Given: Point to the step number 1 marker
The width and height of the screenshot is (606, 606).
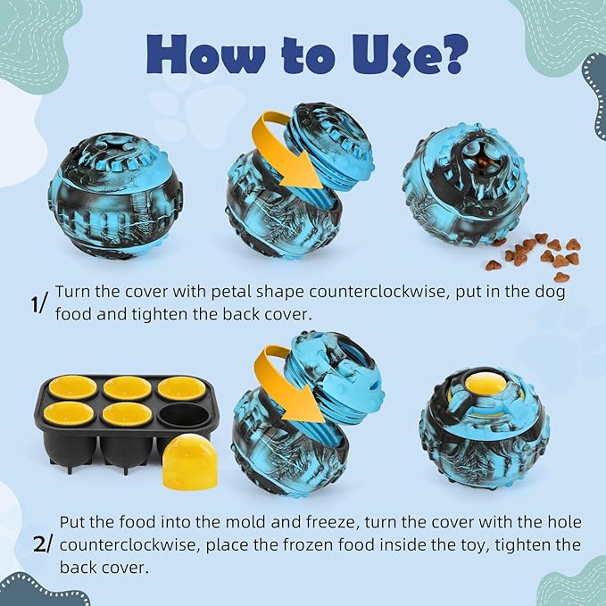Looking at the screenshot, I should pos(38,303).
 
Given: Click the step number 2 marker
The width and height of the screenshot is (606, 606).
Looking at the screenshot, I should pos(45,544).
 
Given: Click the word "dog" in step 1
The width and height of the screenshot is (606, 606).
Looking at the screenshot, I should pos(550,293).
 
